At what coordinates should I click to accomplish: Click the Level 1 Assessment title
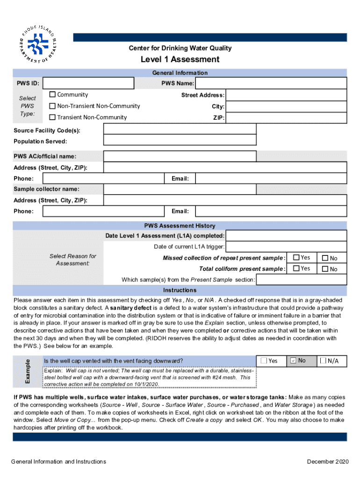pyautogui.click(x=180, y=59)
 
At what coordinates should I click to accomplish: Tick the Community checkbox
pyautogui.click(x=53, y=95)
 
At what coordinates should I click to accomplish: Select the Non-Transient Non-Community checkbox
pyautogui.click(x=53, y=106)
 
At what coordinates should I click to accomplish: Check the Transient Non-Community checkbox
pyautogui.click(x=53, y=117)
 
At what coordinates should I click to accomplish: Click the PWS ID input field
pyautogui.click(x=88, y=83)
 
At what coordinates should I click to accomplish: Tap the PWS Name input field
pyautogui.click(x=271, y=83)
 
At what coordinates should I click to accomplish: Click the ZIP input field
pyautogui.click(x=286, y=118)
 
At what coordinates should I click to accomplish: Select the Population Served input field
pyautogui.click(x=180, y=140)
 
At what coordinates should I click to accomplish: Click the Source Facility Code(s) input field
pyautogui.click(x=180, y=130)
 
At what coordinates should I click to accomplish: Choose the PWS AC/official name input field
pyautogui.click(x=180, y=156)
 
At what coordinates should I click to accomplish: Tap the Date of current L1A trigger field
pyautogui.click(x=286, y=247)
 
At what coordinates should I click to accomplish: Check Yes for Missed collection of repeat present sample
pyautogui.click(x=296, y=257)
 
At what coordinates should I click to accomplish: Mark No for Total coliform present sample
pyautogui.click(x=324, y=269)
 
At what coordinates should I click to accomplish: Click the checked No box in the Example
pyautogui.click(x=293, y=361)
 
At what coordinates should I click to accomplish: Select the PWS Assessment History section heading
pyautogui.click(x=180, y=225)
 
